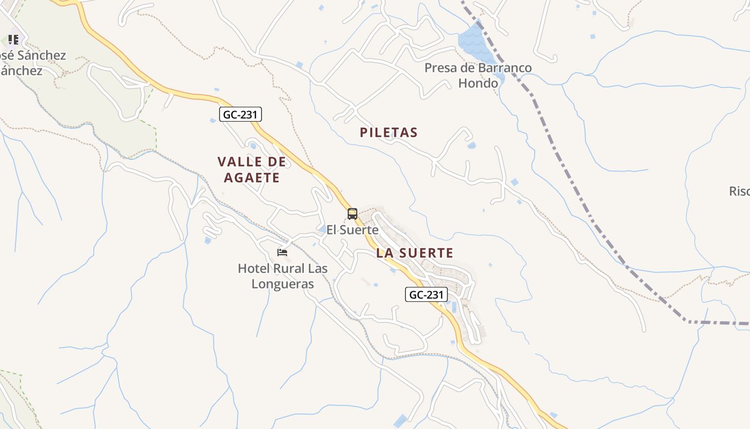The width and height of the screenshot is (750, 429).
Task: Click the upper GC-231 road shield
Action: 241,114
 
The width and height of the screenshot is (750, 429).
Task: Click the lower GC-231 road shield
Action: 426,294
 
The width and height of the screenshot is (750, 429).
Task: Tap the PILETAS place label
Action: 388,132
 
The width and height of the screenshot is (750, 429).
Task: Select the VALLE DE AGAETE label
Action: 252,169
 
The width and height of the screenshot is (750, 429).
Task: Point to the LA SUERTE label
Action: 415,253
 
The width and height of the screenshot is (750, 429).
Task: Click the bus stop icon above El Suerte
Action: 352,214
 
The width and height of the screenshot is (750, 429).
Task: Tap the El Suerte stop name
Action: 352,230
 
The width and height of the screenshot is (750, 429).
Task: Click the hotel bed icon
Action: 282,252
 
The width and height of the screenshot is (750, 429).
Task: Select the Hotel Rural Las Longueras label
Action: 283,276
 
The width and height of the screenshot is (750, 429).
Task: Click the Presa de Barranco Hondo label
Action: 478,76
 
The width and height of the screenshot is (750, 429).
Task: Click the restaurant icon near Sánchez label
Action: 13,39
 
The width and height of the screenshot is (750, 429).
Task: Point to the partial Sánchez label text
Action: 32,63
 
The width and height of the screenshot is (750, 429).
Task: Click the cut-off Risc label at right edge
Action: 739,191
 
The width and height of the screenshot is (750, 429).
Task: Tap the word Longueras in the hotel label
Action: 283,284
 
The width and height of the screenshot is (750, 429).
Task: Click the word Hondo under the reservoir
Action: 478,83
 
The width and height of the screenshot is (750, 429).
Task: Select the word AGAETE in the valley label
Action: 252,177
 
